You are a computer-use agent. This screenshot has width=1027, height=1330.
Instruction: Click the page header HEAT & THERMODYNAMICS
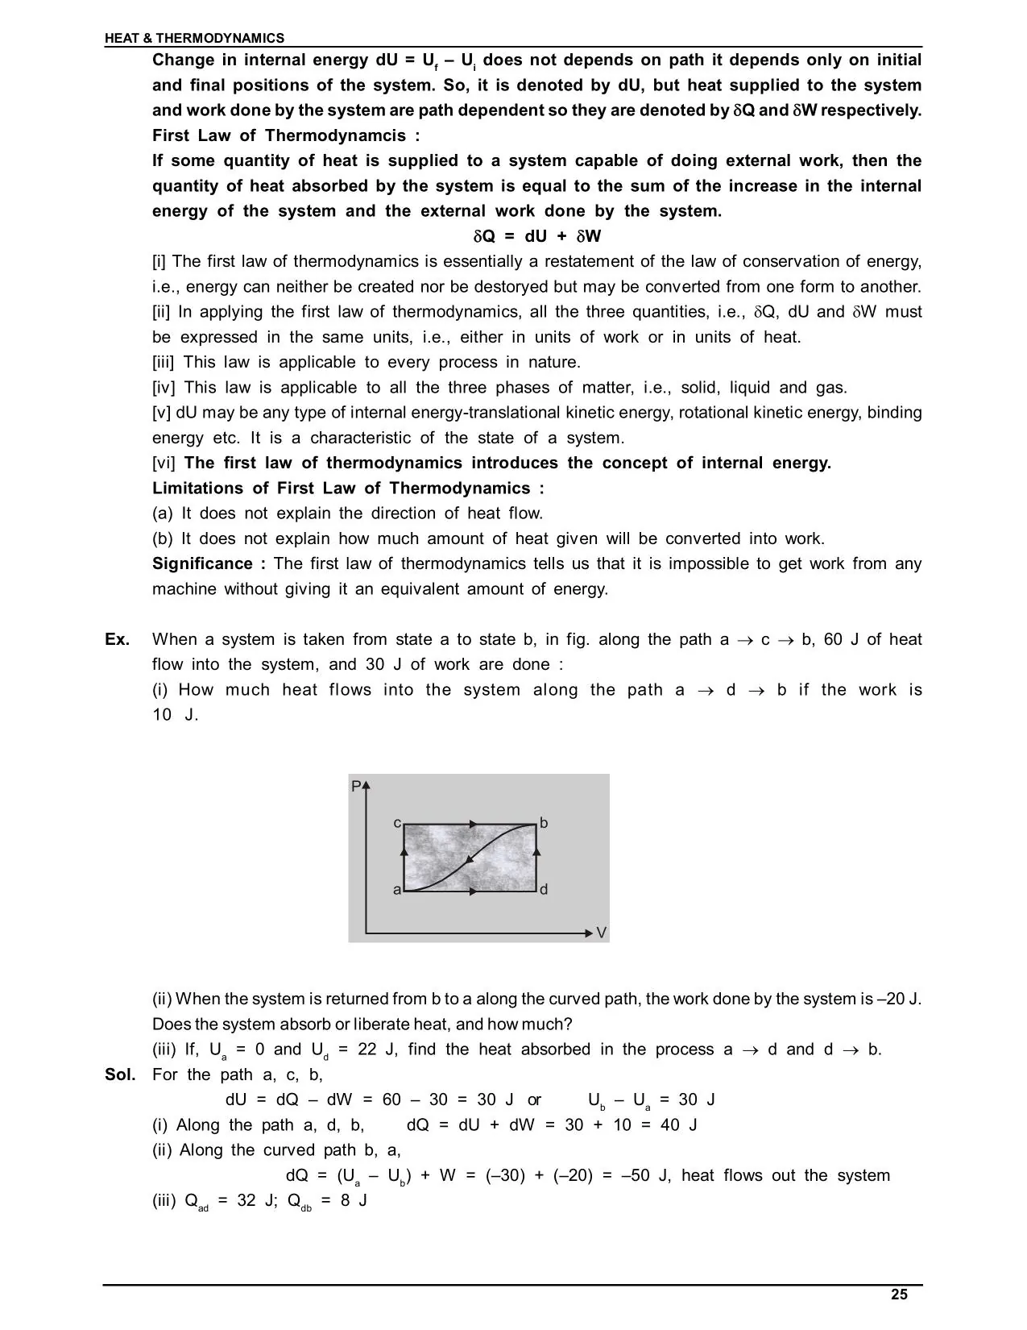194,38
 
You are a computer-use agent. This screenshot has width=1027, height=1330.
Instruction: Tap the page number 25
899,1295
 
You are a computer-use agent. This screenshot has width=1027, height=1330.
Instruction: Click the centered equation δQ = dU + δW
536,236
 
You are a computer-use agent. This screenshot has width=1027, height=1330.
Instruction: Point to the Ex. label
118,639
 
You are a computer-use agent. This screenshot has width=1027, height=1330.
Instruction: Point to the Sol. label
120,1074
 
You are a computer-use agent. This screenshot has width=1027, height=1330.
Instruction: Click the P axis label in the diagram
356,786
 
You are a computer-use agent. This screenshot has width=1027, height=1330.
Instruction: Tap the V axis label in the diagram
601,933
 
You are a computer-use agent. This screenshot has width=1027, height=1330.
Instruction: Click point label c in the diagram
396,823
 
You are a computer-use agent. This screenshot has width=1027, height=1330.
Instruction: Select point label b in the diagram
544,823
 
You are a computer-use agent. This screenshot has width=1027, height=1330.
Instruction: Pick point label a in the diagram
396,890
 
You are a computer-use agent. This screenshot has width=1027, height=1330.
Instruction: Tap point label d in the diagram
544,890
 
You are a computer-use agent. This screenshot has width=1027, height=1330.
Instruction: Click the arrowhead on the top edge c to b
473,824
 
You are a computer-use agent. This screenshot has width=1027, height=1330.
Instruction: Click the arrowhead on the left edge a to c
404,850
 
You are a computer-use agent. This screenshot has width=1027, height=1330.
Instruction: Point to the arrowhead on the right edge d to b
536,850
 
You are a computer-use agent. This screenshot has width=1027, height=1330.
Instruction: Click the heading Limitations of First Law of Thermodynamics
348,488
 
